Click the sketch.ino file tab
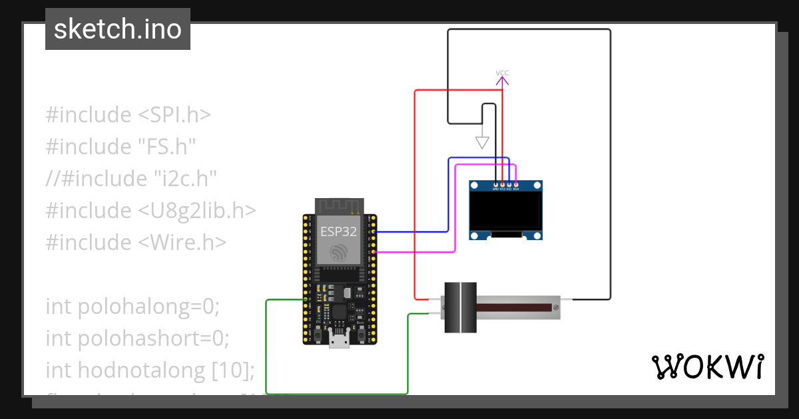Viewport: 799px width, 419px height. click(x=118, y=29)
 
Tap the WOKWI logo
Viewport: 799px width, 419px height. click(x=706, y=366)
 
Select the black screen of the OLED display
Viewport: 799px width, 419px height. click(x=505, y=210)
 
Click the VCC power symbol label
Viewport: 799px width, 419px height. click(x=502, y=73)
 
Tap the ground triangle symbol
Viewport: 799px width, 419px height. click(x=482, y=142)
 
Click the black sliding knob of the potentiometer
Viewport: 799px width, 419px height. click(x=460, y=307)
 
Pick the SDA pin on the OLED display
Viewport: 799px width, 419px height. click(x=517, y=185)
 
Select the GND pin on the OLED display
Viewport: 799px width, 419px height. click(x=495, y=185)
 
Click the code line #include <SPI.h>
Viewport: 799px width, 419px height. click(x=128, y=115)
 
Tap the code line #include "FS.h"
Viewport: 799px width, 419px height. click(x=121, y=146)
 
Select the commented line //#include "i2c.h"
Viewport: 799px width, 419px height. click(x=132, y=178)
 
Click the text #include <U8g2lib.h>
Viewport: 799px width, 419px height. click(x=150, y=210)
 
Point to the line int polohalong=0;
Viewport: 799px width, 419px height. click(x=132, y=307)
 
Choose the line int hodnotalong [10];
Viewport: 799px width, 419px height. click(x=150, y=370)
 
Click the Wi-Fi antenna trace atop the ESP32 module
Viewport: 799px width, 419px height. click(x=340, y=206)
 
